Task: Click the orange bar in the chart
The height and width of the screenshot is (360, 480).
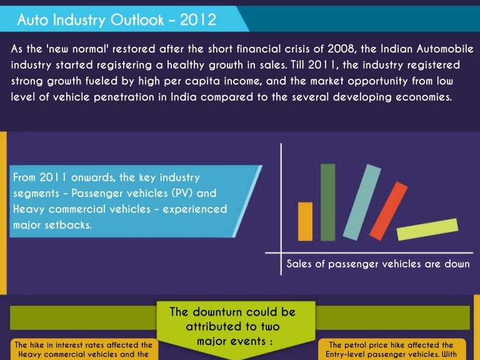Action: pyautogui.click(x=305, y=221)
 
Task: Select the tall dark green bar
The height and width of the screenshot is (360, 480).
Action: pyautogui.click(x=327, y=202)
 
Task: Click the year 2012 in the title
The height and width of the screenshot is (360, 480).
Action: pyautogui.click(x=197, y=21)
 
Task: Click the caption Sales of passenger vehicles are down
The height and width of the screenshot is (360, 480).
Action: pyautogui.click(x=378, y=264)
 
